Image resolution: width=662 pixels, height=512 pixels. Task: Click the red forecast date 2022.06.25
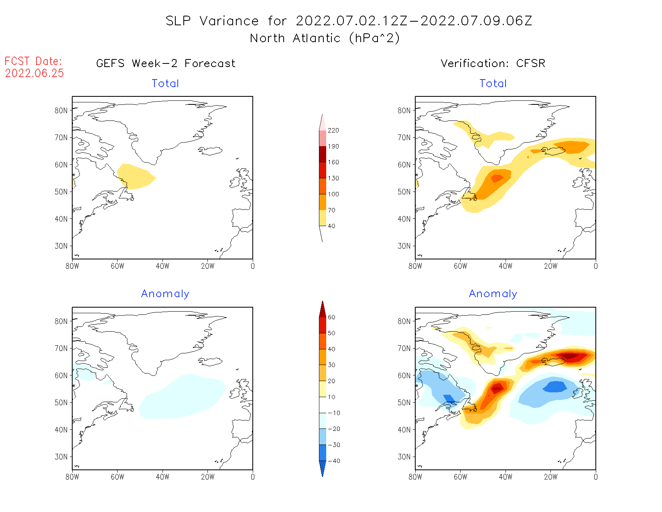[35, 73]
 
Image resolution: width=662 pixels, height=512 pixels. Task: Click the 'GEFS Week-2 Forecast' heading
[166, 63]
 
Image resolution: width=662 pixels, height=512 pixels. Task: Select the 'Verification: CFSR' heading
[493, 63]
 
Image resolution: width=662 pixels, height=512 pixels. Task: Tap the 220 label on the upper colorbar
[333, 131]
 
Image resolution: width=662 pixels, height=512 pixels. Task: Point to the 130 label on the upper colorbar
[333, 178]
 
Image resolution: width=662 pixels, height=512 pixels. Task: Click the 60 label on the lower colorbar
[331, 317]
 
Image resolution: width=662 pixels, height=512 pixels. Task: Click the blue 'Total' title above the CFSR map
[493, 84]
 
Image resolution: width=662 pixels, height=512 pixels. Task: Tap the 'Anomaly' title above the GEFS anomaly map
[165, 294]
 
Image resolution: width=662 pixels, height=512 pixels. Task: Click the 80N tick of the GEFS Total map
[61, 110]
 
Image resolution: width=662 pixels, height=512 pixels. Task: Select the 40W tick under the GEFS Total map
[162, 266]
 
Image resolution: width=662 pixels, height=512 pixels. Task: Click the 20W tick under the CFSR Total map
[550, 266]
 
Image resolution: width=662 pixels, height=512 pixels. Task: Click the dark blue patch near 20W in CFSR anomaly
[555, 387]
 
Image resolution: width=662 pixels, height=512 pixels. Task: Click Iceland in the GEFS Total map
[210, 151]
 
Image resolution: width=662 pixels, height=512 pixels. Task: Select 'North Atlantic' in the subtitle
[295, 38]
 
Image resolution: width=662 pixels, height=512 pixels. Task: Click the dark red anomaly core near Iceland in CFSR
[571, 356]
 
